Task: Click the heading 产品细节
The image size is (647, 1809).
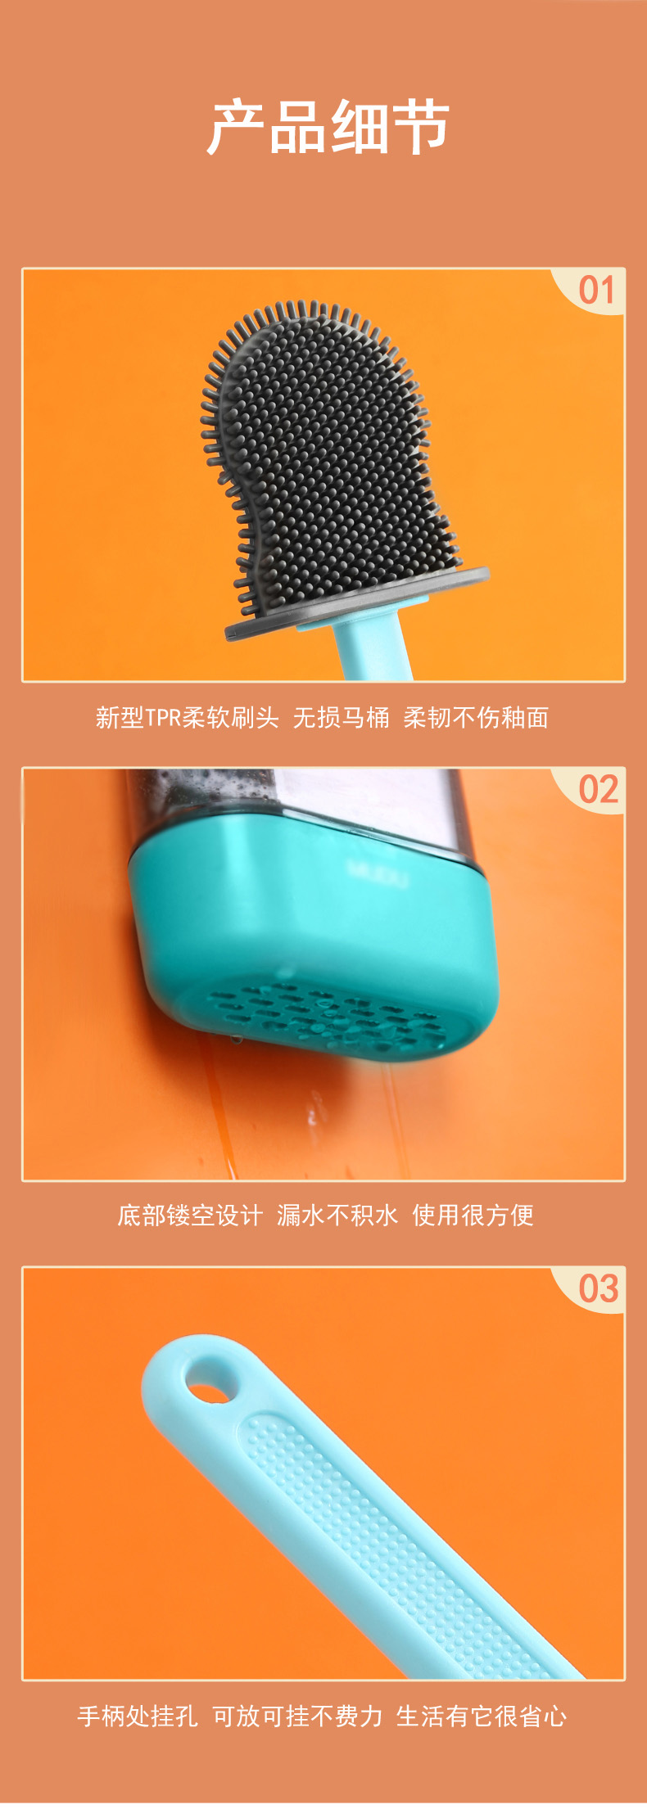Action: tap(328, 128)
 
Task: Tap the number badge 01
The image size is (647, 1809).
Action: tap(596, 291)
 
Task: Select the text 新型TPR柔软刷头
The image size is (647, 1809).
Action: tap(188, 718)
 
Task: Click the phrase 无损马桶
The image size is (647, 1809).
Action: tap(342, 718)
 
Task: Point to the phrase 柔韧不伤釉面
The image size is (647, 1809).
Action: tap(476, 718)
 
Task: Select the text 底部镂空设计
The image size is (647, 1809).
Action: tap(190, 1216)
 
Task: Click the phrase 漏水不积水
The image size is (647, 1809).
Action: tap(337, 1216)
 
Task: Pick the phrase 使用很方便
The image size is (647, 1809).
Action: tap(473, 1216)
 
